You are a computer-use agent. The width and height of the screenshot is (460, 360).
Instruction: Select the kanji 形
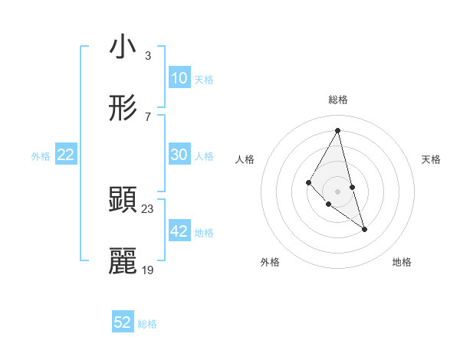[123, 109]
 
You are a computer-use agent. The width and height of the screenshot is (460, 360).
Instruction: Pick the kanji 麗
[123, 261]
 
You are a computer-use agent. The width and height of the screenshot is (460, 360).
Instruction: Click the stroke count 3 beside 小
[147, 55]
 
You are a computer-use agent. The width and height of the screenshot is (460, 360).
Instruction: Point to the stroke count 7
[147, 116]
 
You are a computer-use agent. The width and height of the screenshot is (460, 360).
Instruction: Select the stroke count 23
[147, 208]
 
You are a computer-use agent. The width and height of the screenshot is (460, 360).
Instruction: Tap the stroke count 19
[147, 270]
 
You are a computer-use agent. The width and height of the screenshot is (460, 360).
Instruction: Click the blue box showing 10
[179, 78]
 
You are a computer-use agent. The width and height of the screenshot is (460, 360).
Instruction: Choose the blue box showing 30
[179, 155]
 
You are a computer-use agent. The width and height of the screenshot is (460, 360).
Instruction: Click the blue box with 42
[179, 231]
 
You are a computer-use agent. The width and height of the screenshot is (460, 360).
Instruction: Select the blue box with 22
[66, 155]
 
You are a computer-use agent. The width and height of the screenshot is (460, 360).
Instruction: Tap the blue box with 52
[123, 322]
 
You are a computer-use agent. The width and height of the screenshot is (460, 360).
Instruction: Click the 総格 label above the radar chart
[338, 100]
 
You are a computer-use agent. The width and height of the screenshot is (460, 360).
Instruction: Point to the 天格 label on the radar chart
[431, 159]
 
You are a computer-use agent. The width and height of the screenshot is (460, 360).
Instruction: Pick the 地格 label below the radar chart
[402, 262]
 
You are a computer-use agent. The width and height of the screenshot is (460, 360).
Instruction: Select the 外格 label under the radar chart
[270, 262]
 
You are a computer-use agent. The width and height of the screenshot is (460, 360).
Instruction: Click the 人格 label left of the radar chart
[245, 159]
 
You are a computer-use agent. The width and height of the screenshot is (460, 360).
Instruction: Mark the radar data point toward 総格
[338, 129]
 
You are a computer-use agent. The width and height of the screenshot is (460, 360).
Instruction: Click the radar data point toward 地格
[364, 229]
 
